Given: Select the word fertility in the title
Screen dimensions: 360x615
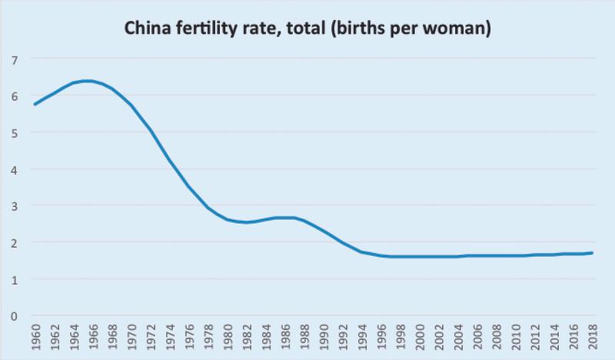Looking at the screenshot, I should click(208, 30).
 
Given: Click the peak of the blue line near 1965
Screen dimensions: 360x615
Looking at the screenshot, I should click(88, 81).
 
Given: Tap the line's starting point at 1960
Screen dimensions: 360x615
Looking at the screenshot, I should click(35, 104).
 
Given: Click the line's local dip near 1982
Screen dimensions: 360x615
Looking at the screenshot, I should click(248, 222).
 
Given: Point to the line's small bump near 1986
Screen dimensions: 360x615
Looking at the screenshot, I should click(286, 218).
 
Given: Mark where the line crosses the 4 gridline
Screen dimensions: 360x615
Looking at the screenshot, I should click(174, 169).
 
